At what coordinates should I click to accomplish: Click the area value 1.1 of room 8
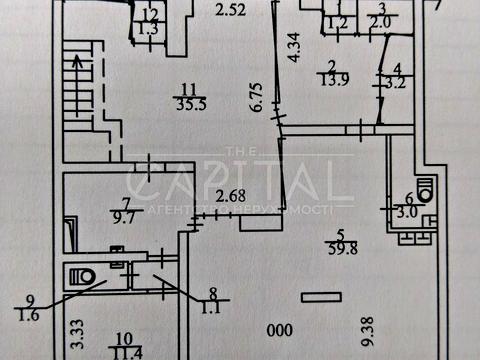coord(211,308)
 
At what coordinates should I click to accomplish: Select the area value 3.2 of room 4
coord(395,85)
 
